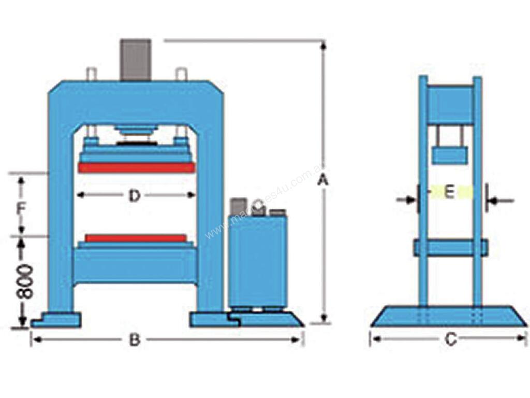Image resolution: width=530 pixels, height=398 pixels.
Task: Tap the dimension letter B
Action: [135, 340]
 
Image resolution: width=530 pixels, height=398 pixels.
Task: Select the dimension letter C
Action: [451, 340]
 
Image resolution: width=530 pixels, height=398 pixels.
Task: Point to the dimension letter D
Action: [135, 196]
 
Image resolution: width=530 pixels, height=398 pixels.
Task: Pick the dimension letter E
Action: [449, 193]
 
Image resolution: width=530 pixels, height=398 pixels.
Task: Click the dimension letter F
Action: [21, 209]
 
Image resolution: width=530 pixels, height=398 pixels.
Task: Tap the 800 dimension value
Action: [24, 283]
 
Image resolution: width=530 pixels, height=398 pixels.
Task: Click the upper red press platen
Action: [136, 168]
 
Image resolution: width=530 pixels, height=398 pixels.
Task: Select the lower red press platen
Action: [136, 238]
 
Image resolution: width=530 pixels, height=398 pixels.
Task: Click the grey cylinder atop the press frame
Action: [136, 60]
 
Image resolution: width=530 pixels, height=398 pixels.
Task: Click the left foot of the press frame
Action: [56, 319]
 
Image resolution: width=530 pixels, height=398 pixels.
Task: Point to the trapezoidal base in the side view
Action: [449, 316]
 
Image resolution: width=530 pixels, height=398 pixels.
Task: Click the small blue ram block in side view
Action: [450, 155]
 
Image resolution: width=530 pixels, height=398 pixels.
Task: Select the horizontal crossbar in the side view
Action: [450, 247]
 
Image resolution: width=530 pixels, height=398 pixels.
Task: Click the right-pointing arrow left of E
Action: [406, 200]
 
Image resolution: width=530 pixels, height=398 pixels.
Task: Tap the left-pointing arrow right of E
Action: [501, 200]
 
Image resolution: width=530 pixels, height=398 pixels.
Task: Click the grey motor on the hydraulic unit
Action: [239, 206]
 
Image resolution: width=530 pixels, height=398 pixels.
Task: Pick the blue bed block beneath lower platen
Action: [136, 265]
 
